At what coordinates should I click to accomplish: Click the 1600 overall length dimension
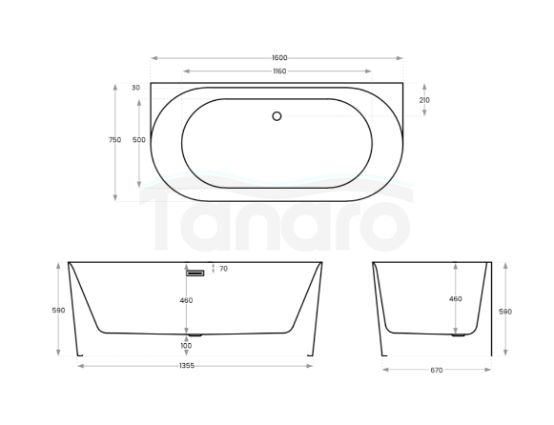click(x=277, y=58)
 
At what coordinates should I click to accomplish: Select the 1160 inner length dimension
click(x=277, y=71)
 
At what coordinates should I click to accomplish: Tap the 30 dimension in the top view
click(x=135, y=88)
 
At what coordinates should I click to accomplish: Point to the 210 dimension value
click(x=424, y=99)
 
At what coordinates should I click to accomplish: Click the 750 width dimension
click(x=114, y=140)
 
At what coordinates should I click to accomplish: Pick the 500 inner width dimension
click(x=139, y=140)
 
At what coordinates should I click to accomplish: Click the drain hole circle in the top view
click(x=277, y=116)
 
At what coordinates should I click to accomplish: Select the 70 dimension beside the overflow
click(x=223, y=270)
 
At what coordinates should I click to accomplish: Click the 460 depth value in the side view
click(x=455, y=299)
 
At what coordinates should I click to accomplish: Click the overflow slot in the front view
click(x=195, y=273)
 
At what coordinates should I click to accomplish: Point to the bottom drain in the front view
click(x=195, y=335)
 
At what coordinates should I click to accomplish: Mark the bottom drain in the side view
click(x=458, y=335)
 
